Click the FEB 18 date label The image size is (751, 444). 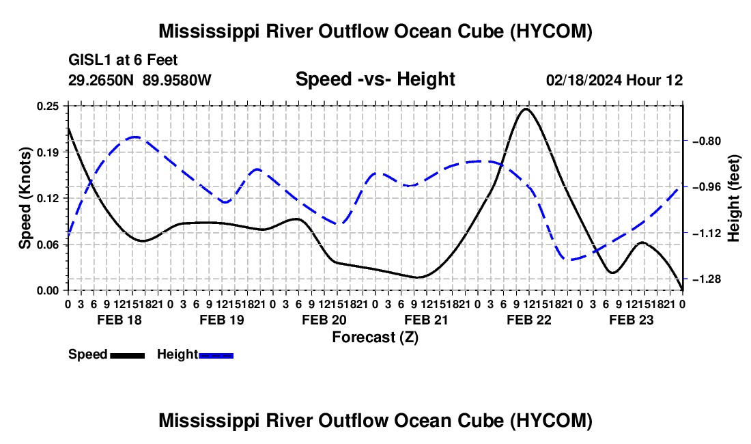(119, 320)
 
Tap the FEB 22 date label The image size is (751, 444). (528, 320)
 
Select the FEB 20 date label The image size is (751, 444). (324, 320)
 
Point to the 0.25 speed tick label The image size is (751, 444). (48, 106)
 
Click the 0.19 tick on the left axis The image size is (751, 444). (48, 152)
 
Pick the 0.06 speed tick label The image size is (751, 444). (48, 245)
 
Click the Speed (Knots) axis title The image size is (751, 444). (25, 198)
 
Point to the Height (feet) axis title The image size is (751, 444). (733, 198)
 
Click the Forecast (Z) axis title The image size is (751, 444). (375, 337)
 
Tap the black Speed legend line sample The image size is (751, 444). (127, 355)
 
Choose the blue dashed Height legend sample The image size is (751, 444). (216, 355)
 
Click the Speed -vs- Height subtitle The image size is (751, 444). (375, 79)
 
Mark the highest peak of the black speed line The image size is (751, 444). (526, 109)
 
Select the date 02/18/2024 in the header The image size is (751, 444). (584, 80)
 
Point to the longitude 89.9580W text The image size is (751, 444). (177, 80)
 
